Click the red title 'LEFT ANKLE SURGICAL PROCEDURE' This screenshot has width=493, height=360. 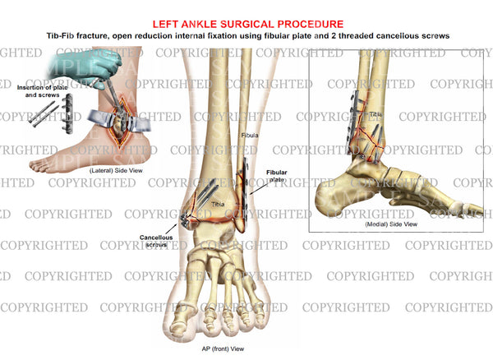(x=248, y=24)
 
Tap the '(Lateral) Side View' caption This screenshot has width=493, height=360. (x=116, y=170)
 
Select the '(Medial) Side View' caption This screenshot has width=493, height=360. (x=391, y=224)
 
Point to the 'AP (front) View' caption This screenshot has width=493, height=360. (x=223, y=348)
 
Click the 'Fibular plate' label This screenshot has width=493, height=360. (x=276, y=176)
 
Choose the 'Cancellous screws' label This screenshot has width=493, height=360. (x=156, y=241)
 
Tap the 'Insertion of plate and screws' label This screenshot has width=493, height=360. (x=42, y=91)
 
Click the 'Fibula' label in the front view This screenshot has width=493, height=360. (x=250, y=135)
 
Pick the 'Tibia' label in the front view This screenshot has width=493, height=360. (x=218, y=205)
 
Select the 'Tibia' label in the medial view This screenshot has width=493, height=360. (x=376, y=114)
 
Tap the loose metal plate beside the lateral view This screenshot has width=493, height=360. (x=68, y=114)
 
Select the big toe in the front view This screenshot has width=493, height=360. (x=180, y=317)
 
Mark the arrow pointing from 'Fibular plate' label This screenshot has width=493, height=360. (x=260, y=189)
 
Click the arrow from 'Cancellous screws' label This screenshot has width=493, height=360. (x=171, y=228)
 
